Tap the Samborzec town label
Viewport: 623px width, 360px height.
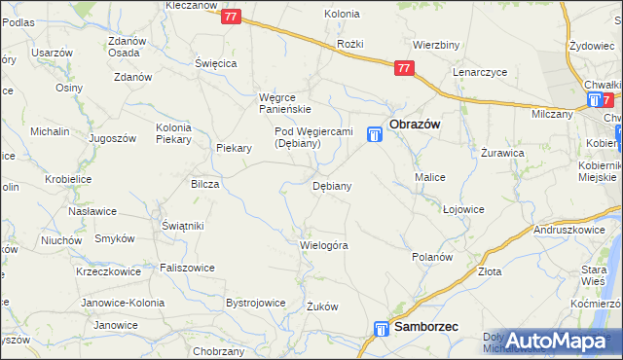[x=427, y=329]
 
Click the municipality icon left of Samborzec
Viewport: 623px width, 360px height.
[x=381, y=331]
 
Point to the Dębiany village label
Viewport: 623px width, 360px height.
[x=331, y=185]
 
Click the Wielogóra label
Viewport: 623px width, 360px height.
[x=324, y=245]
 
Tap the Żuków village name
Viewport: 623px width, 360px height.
[x=322, y=306]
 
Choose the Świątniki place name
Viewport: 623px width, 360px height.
[x=182, y=226]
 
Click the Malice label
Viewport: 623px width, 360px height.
[x=430, y=178]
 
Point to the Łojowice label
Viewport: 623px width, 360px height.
[x=463, y=209]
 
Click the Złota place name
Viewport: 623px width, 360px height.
[x=490, y=272]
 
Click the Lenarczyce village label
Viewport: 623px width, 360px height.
[x=482, y=72]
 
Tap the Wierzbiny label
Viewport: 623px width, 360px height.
[x=435, y=45]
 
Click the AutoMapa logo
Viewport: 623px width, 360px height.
[x=556, y=341]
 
